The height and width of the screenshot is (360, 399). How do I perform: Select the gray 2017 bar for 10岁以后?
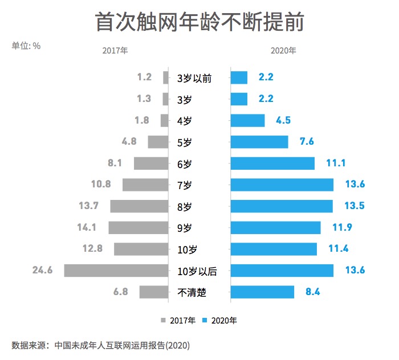(x=116, y=270)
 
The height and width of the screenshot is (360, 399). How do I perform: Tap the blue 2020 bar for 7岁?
(x=282, y=185)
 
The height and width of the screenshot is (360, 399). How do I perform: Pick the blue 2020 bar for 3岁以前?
(x=239, y=77)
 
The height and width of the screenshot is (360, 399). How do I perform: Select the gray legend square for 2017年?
(x=164, y=320)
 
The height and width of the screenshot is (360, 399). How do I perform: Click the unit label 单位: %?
(x=26, y=46)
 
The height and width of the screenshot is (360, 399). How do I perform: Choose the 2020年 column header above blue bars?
(x=283, y=50)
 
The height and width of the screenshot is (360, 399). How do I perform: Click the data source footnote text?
(x=100, y=345)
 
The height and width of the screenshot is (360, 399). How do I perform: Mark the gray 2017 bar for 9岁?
(x=139, y=227)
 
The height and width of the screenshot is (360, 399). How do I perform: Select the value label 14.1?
(x=87, y=227)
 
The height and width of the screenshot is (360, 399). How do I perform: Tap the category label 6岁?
(x=185, y=164)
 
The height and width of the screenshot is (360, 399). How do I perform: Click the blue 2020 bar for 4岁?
(x=247, y=120)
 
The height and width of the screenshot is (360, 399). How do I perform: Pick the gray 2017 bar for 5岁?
(x=158, y=142)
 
